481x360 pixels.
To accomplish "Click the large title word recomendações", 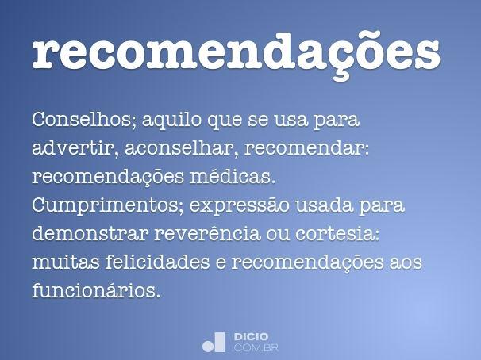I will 237,52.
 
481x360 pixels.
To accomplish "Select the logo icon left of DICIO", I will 215,342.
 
